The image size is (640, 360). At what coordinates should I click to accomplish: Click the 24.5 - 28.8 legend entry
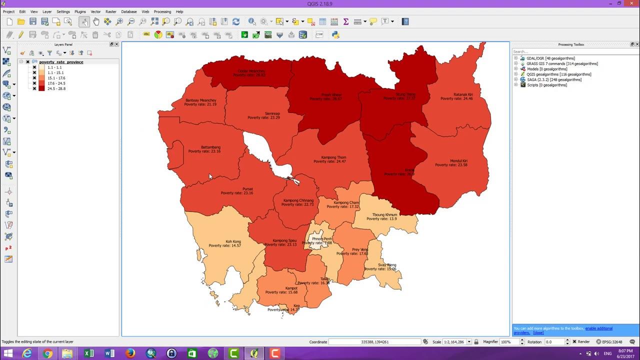pos(56,88)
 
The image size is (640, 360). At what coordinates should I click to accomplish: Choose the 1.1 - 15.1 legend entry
pos(55,72)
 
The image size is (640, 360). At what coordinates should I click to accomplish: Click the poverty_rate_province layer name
pos(61,62)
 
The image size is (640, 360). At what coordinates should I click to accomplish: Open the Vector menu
pos(95,11)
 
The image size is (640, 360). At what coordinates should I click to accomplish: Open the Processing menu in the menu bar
pos(162,11)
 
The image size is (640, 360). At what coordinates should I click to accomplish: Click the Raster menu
pos(111,11)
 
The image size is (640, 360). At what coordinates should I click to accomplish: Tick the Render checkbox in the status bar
pos(574,342)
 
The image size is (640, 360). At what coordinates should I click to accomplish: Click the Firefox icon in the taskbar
pos(130,353)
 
